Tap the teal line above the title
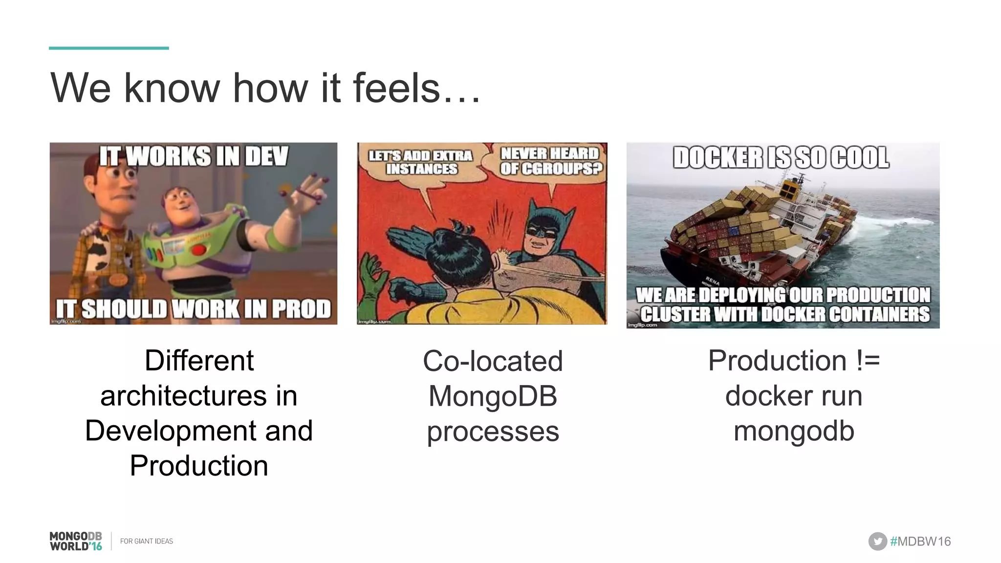tap(109, 48)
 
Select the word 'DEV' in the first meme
tap(266, 156)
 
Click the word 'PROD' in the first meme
tap(301, 309)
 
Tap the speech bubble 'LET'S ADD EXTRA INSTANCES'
tap(420, 163)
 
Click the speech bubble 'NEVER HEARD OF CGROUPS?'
tap(550, 161)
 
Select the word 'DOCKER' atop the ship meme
tap(717, 158)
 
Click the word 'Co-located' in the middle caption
tap(493, 361)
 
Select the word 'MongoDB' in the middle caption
tap(493, 396)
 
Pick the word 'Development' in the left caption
tap(171, 431)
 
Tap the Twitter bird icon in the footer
tap(877, 541)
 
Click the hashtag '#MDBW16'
tap(920, 541)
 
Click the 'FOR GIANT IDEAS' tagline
tap(147, 541)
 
